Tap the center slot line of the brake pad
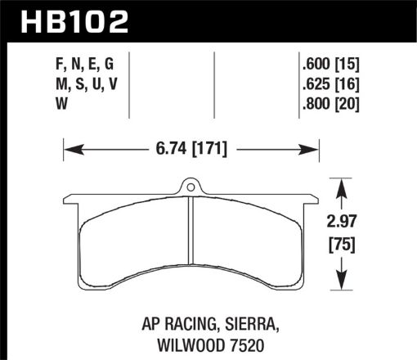(191, 245)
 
